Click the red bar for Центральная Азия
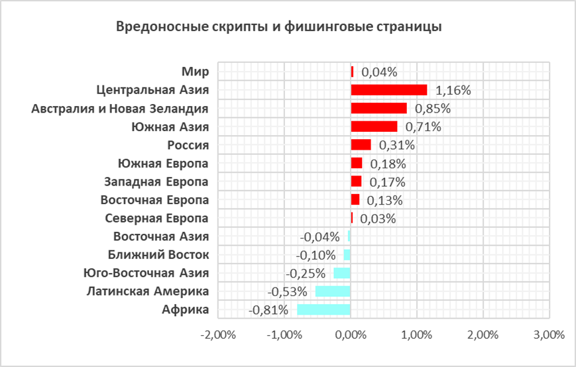389,89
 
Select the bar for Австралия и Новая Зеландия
378,108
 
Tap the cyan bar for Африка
323,309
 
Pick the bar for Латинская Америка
333,291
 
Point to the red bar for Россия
361,144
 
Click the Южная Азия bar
374,127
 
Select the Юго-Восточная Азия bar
342,273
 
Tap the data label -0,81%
268,310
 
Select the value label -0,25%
305,273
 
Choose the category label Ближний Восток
158,254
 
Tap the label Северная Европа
157,218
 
